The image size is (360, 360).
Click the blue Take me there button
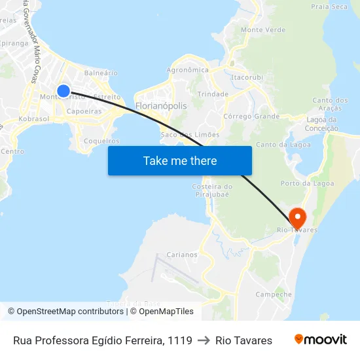180,160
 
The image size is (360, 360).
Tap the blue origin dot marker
63,91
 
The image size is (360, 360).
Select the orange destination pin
297,217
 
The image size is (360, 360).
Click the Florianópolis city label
160,105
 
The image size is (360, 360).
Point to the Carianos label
182,255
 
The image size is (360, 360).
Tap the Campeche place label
274,295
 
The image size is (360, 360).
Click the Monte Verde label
263,30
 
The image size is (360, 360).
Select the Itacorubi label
247,77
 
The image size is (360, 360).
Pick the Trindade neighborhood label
213,94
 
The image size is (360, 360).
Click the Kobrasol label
34,119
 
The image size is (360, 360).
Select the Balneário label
101,73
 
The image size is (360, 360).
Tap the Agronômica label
188,70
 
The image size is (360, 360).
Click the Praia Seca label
329,7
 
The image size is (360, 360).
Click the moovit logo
321,340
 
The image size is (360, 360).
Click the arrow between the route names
204,340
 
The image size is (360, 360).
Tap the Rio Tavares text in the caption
243,340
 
